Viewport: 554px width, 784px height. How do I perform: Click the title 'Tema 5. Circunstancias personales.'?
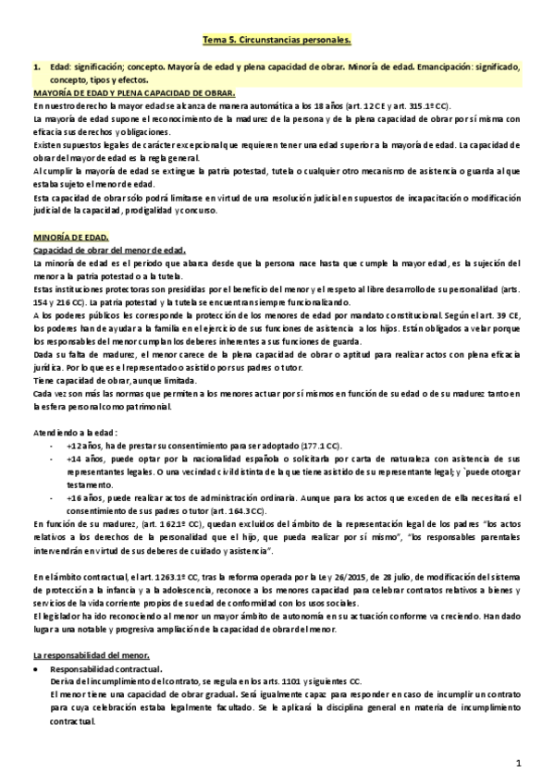pyautogui.click(x=277, y=41)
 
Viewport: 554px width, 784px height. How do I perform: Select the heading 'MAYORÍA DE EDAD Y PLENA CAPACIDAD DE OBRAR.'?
pyautogui.click(x=134, y=93)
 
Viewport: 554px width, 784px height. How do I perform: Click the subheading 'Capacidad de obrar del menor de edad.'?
pyautogui.click(x=109, y=251)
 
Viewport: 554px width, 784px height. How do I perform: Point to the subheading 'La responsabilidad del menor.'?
pyautogui.click(x=91, y=654)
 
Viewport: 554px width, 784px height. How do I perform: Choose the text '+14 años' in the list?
pyautogui.click(x=84, y=458)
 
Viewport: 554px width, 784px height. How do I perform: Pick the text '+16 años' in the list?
pyautogui.click(x=84, y=497)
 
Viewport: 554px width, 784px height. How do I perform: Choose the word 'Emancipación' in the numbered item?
pyautogui.click(x=445, y=67)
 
